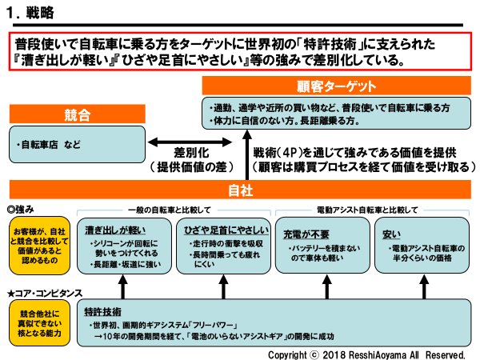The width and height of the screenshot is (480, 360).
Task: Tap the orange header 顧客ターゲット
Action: tap(336, 86)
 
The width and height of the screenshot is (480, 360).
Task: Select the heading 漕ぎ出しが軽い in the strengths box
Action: tap(114, 231)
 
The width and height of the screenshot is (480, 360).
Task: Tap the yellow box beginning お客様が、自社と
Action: tap(35, 243)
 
